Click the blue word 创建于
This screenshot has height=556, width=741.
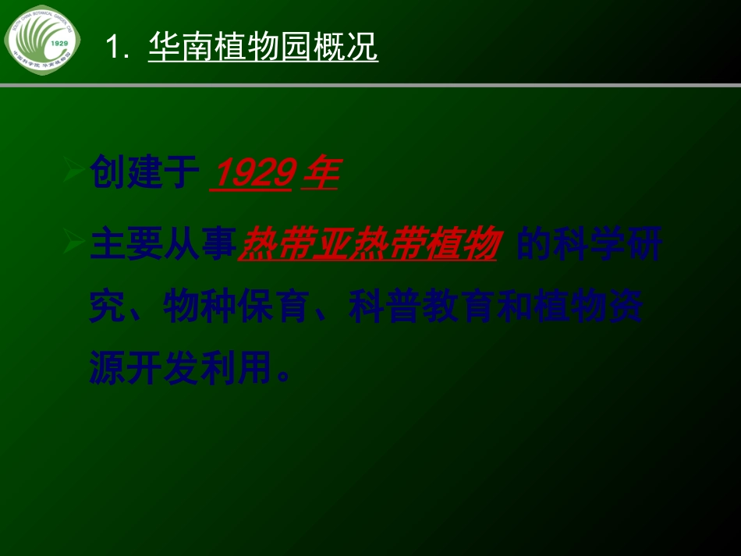pos(140,172)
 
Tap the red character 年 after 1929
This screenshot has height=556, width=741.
pos(320,174)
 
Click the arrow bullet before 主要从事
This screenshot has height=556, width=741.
pos(73,245)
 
